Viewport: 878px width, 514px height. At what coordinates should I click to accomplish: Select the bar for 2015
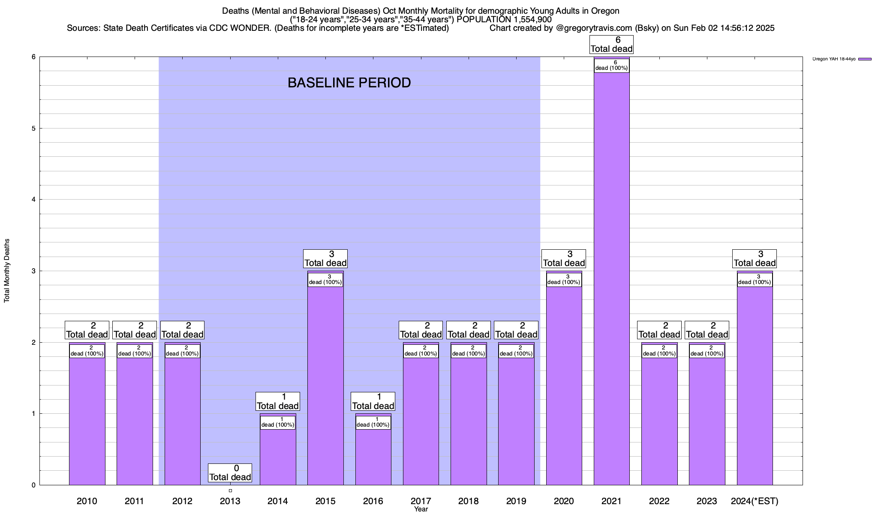(325, 385)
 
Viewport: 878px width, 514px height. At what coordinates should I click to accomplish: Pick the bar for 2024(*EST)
(755, 385)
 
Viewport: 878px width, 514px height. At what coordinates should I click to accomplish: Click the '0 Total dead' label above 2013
(230, 473)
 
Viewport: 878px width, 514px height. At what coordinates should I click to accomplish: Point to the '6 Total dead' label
(611, 45)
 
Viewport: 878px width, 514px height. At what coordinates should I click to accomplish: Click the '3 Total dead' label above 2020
(564, 259)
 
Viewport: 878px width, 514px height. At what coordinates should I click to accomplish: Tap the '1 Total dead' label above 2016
(373, 401)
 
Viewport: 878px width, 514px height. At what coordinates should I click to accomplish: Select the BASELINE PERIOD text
(349, 83)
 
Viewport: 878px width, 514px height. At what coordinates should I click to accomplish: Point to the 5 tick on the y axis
(33, 128)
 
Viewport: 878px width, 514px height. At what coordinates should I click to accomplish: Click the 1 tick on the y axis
(33, 414)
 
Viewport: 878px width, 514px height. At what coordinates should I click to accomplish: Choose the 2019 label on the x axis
(516, 501)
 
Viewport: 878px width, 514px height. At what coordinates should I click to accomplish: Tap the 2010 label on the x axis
(87, 501)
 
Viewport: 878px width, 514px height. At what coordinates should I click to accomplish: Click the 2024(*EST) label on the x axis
(755, 501)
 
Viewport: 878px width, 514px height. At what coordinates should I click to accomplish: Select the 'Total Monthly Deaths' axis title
(7, 271)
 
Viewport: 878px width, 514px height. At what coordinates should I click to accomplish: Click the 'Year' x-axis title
(421, 509)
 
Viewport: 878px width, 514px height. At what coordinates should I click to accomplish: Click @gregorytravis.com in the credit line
(594, 28)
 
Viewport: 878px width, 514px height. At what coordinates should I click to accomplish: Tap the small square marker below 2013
(230, 490)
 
